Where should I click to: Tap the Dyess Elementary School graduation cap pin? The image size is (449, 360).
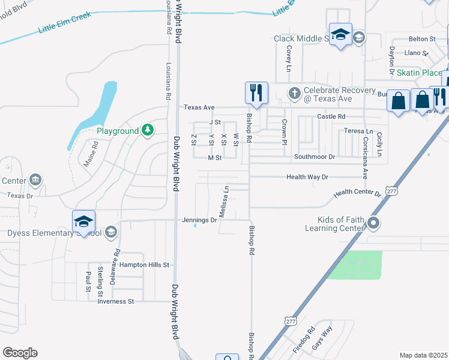83,221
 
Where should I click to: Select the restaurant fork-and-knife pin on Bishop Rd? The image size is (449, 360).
256,93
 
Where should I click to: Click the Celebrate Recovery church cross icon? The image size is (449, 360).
294,93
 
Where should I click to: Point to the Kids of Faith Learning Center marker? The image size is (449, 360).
373,224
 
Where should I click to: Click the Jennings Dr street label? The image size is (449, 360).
199,220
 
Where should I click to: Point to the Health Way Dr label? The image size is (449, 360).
307,177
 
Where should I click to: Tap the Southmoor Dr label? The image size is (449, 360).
314,157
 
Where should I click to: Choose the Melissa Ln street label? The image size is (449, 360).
223,202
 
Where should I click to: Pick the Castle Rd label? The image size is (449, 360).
331,116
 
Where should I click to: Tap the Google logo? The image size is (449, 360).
20,353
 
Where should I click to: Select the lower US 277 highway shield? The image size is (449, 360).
291,322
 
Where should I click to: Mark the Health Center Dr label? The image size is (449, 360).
358,193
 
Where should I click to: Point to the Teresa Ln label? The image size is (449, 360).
358,131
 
